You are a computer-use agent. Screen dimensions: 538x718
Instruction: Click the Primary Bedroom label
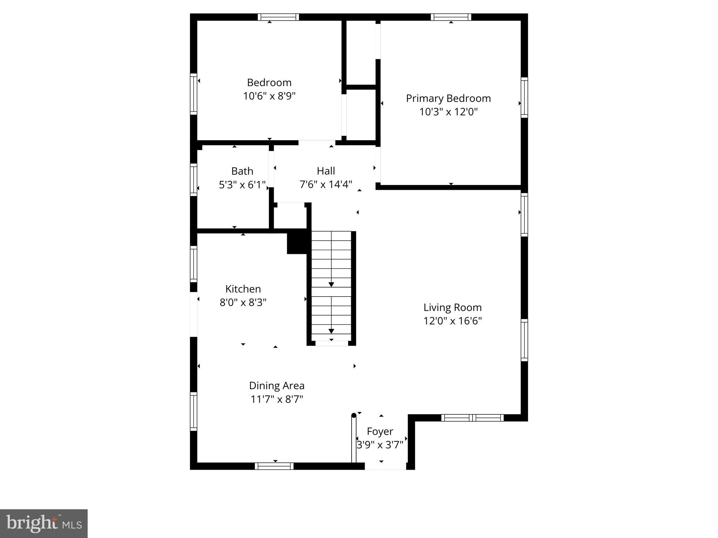pyautogui.click(x=448, y=98)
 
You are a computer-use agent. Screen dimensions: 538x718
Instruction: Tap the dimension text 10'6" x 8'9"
pyautogui.click(x=269, y=96)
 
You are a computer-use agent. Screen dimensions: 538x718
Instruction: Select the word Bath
pyautogui.click(x=242, y=171)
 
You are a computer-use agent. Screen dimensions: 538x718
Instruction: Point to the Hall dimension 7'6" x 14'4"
pyautogui.click(x=326, y=184)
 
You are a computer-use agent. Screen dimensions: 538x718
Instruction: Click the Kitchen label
pyautogui.click(x=243, y=289)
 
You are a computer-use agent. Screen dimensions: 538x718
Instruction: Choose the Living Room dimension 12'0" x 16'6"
pyautogui.click(x=453, y=321)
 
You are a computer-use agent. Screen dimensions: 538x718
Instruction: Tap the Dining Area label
pyautogui.click(x=277, y=386)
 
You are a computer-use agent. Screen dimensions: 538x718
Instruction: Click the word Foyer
pyautogui.click(x=380, y=432)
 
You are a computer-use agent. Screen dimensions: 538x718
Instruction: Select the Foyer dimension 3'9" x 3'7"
pyautogui.click(x=380, y=445)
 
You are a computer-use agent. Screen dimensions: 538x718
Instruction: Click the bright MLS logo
pyautogui.click(x=44, y=524)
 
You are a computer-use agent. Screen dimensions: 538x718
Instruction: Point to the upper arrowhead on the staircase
pyautogui.click(x=331, y=284)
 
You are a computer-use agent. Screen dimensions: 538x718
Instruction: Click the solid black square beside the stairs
pyautogui.click(x=297, y=241)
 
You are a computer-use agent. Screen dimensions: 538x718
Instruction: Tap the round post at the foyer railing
pyautogui.click(x=354, y=416)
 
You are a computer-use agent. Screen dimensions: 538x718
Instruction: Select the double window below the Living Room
pyautogui.click(x=472, y=418)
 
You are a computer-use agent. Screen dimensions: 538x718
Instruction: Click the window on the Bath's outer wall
pyautogui.click(x=194, y=180)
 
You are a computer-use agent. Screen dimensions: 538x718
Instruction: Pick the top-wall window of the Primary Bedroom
pyautogui.click(x=451, y=17)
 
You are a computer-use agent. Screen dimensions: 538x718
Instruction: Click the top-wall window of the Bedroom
pyautogui.click(x=278, y=17)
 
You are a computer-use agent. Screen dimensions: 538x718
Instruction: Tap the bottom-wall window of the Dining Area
pyautogui.click(x=274, y=466)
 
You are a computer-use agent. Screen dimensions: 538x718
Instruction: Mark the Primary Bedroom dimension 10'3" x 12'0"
pyautogui.click(x=448, y=112)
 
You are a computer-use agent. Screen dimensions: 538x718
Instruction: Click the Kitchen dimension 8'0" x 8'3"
pyautogui.click(x=243, y=302)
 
